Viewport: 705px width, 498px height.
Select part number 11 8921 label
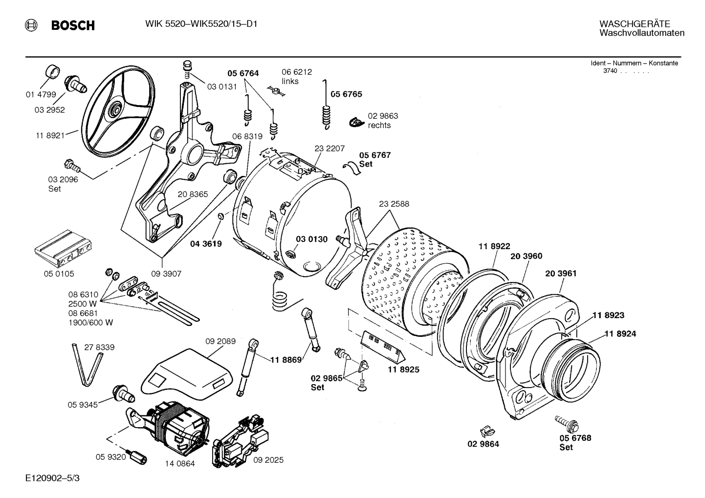point(50,135)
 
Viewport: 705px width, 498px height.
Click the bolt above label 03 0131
point(187,68)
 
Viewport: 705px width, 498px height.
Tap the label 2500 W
point(83,303)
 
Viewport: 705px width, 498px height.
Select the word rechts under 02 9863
point(379,125)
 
